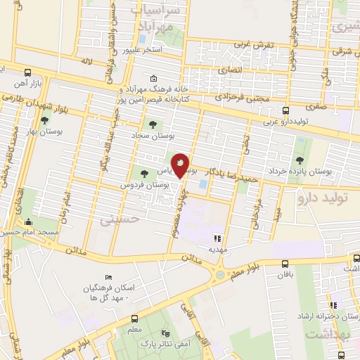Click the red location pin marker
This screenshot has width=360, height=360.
[x=181, y=165]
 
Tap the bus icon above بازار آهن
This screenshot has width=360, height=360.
[x=27, y=72]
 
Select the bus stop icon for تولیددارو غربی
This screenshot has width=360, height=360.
[x=285, y=110]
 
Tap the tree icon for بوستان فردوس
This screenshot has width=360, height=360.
[x=144, y=173]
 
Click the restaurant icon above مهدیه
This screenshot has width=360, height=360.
[x=217, y=238]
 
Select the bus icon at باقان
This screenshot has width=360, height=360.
[x=284, y=264]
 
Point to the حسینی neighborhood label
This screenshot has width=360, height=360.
[x=115, y=220]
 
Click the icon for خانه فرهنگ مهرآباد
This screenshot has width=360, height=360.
[x=155, y=79]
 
